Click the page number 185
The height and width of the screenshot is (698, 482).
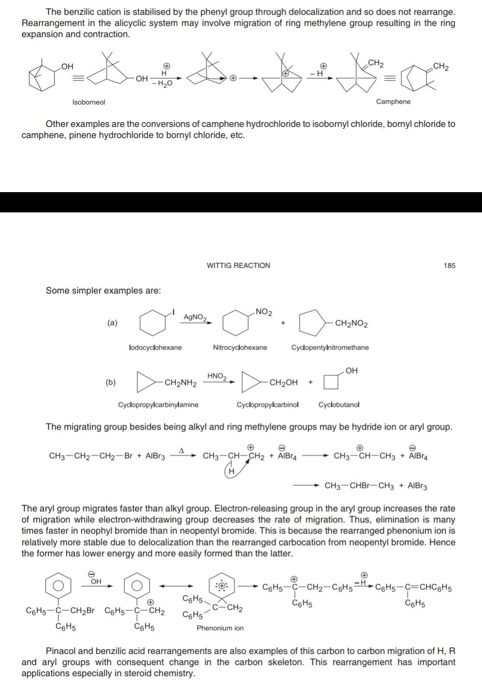(x=449, y=265)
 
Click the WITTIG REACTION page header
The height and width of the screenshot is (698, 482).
(x=238, y=265)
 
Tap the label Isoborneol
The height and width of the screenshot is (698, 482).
(x=88, y=102)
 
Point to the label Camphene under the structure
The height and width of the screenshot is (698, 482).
(x=393, y=101)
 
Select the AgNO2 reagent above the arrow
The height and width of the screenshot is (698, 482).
(x=195, y=317)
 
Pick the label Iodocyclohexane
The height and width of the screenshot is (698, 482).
(x=156, y=348)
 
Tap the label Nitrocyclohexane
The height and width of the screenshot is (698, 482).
(x=240, y=348)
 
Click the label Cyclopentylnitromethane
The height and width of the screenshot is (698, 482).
(x=330, y=348)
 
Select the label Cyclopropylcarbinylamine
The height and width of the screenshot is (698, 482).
(x=158, y=405)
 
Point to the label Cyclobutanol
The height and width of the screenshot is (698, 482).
(x=339, y=405)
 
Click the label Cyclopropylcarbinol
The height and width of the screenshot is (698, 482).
(x=268, y=405)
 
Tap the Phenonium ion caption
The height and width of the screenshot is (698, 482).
(x=220, y=628)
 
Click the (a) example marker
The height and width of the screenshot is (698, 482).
(x=112, y=322)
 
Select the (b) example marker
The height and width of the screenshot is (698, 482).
(x=111, y=382)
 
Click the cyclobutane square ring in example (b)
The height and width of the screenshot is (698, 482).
(x=331, y=382)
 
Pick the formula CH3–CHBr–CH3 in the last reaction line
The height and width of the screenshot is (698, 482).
(x=359, y=486)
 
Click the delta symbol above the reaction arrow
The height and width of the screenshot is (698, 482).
(x=182, y=450)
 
